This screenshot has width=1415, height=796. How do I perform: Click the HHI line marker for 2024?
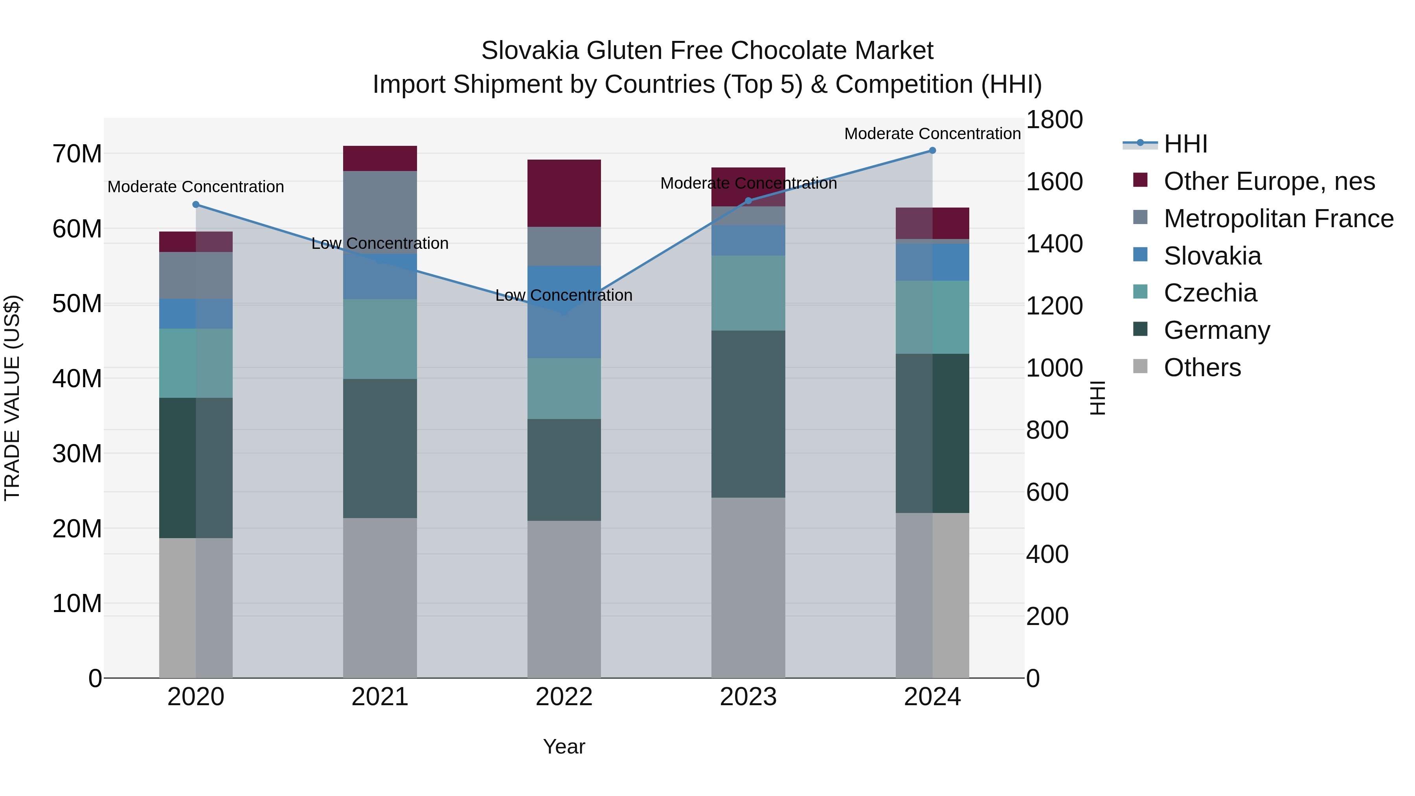[932, 151]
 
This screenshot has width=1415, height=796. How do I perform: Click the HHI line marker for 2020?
[196, 205]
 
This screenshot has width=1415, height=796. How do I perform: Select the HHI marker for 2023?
[748, 201]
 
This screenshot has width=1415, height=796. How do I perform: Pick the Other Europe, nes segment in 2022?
[564, 193]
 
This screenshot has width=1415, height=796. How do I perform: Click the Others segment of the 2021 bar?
[380, 597]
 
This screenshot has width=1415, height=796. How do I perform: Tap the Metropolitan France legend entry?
[1278, 219]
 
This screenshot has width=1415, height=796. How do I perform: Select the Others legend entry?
[1202, 368]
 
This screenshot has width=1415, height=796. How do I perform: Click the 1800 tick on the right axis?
[1053, 120]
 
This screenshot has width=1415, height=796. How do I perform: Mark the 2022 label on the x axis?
[564, 697]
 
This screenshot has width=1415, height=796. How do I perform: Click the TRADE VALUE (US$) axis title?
[12, 398]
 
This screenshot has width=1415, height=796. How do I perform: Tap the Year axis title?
[564, 746]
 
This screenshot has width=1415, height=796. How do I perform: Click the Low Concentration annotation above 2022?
[564, 296]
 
